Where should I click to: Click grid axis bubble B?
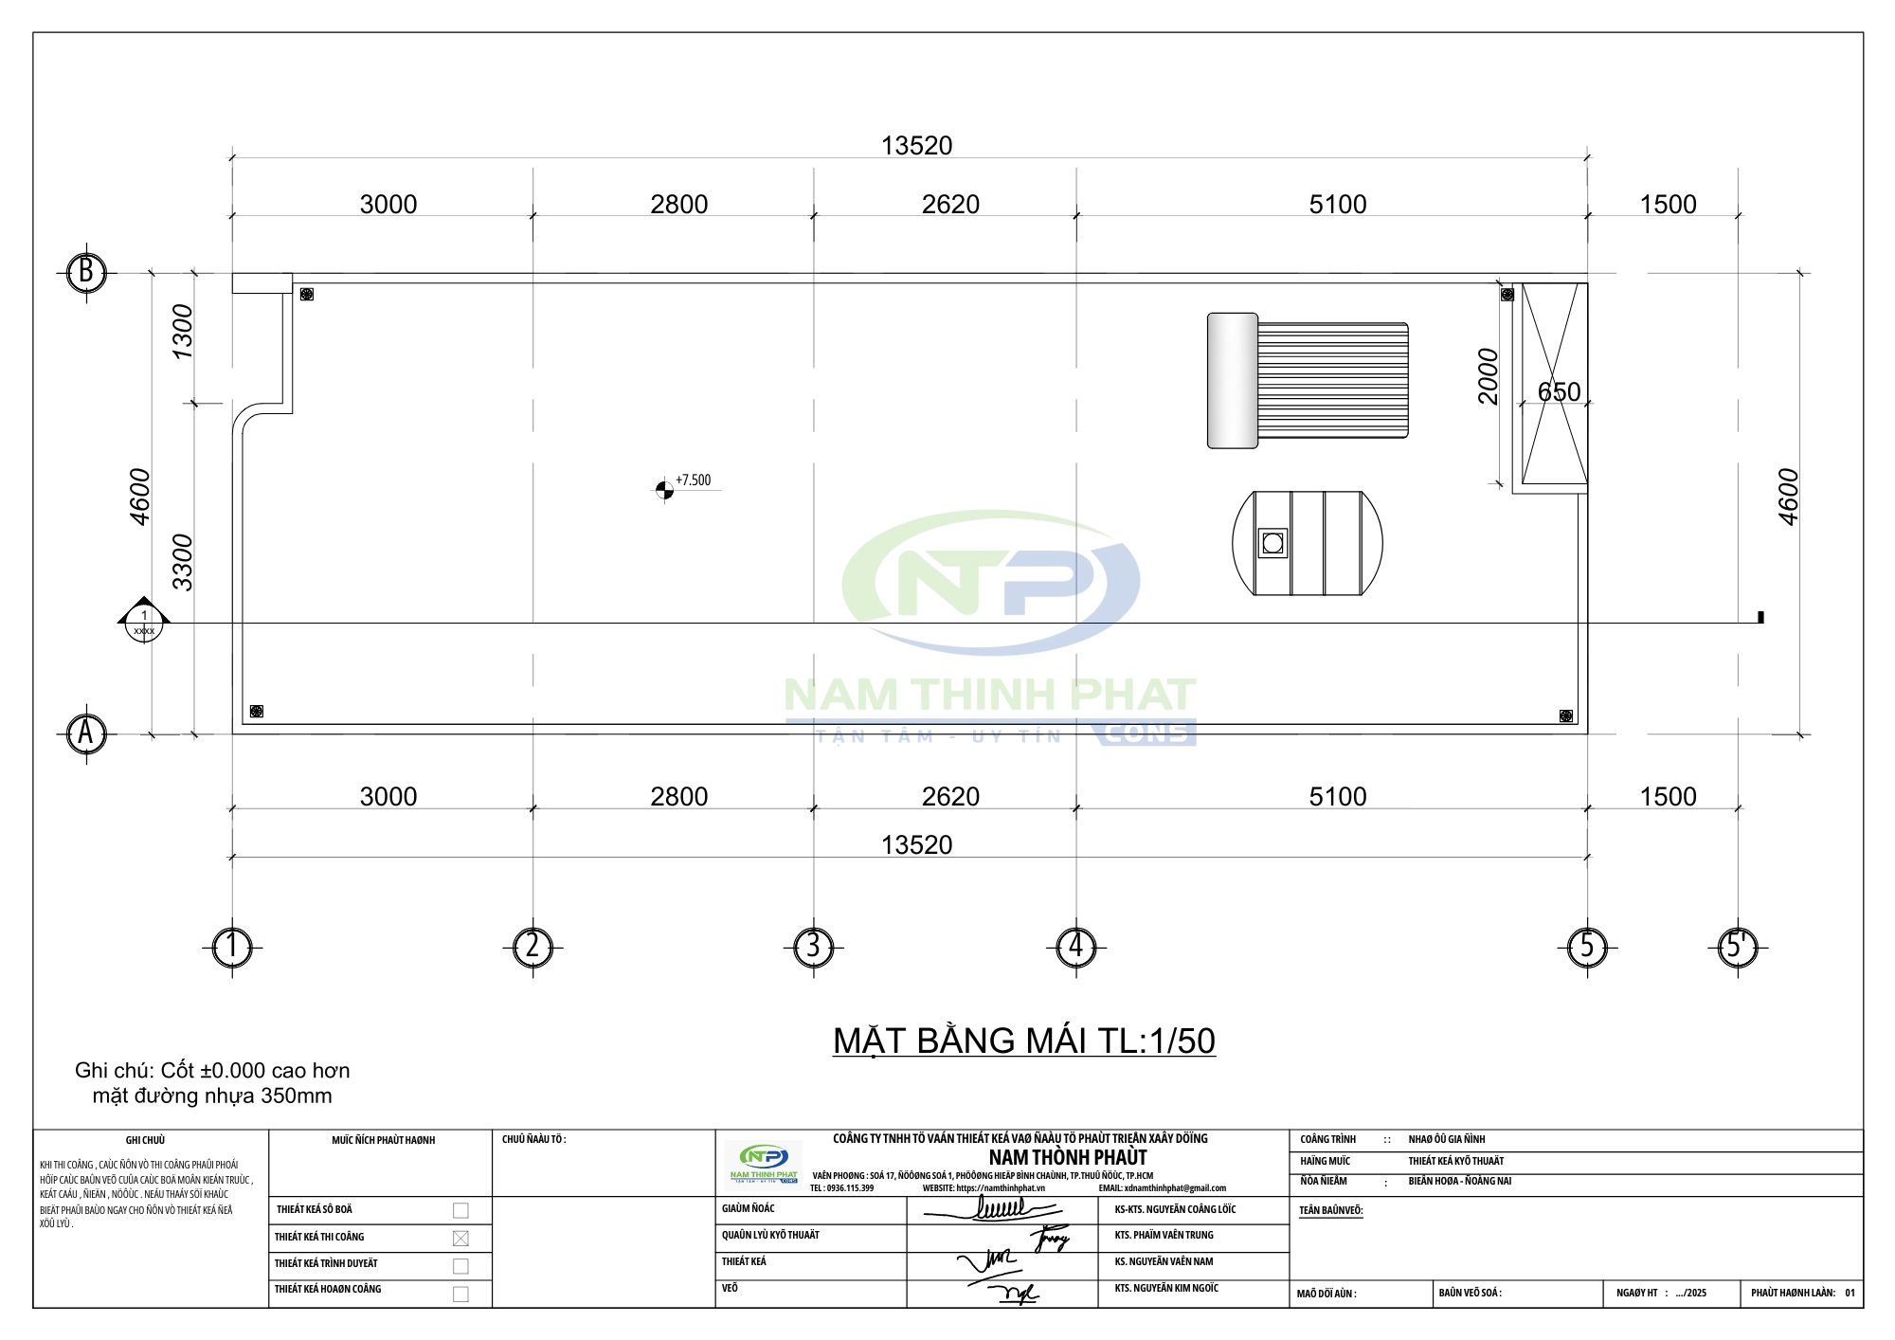86,273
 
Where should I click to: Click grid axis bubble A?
86,733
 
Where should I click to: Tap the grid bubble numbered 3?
813,947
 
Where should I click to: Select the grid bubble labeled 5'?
1737,947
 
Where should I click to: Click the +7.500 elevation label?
693,480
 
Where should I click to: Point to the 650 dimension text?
1559,391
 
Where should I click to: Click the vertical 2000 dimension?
1488,376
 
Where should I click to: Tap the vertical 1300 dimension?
182,332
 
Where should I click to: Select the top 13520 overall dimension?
916,146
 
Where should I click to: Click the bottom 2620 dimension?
950,796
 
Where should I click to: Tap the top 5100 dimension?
1337,205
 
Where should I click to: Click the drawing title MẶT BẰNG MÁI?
1023,1041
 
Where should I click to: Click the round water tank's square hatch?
1272,543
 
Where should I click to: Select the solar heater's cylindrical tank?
1232,380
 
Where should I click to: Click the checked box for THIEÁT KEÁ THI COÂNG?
460,1238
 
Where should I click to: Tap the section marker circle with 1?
144,623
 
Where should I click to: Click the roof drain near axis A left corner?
256,711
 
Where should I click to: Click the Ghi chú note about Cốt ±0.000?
212,1083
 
